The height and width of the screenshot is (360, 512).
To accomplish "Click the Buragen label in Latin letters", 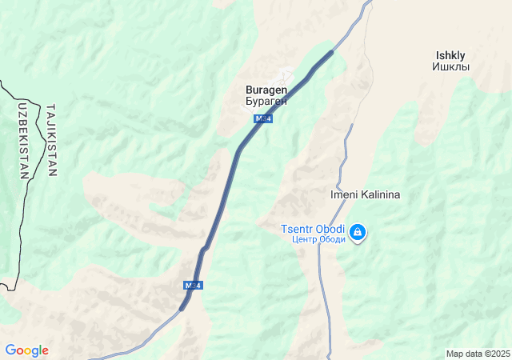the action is pyautogui.click(x=266, y=91).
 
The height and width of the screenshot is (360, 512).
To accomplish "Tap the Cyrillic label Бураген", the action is pyautogui.click(x=266, y=102).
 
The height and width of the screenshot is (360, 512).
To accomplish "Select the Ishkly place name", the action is pyautogui.click(x=450, y=55).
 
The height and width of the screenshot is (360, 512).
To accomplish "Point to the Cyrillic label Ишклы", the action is pyautogui.click(x=450, y=66).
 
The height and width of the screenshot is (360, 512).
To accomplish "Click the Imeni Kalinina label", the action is pyautogui.click(x=365, y=194).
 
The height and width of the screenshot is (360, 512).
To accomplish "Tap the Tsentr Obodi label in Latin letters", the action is pyautogui.click(x=313, y=229).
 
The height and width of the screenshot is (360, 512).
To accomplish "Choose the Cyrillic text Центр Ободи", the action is pyautogui.click(x=318, y=239).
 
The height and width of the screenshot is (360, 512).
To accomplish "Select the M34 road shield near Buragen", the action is pyautogui.click(x=262, y=118).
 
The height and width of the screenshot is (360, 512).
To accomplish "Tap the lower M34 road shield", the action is pyautogui.click(x=192, y=285).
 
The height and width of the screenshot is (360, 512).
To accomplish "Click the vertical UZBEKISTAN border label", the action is pyautogui.click(x=22, y=139).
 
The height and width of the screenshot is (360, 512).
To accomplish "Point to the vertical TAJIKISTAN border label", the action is pyautogui.click(x=52, y=139).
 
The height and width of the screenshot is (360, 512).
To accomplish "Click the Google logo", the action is pyautogui.click(x=26, y=350).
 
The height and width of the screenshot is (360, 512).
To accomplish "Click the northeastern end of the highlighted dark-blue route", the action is pyautogui.click(x=331, y=52).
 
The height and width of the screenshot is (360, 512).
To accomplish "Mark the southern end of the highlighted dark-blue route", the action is pyautogui.click(x=183, y=308).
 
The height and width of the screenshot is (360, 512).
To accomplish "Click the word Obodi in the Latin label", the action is pyautogui.click(x=330, y=229).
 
